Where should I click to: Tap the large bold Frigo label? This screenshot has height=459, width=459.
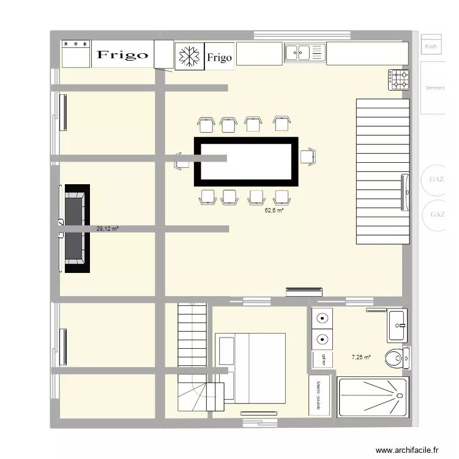point(122,55)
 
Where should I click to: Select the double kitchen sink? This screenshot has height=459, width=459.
point(304,53)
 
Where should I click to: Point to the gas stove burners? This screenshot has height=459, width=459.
point(400,78)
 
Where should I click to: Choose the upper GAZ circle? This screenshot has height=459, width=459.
point(437,179)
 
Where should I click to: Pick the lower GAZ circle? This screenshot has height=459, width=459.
point(437,214)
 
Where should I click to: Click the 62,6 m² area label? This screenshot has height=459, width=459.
point(274,211)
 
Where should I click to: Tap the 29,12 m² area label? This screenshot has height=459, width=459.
point(107,229)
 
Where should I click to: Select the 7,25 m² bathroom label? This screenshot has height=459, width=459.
point(360,357)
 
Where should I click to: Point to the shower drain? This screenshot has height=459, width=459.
point(400,396)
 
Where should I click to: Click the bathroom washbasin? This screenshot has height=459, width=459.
point(397,324)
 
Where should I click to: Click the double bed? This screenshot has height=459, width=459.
point(251,367)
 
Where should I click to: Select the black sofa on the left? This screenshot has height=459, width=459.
point(75,228)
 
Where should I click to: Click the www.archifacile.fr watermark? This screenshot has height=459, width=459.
point(408,450)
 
